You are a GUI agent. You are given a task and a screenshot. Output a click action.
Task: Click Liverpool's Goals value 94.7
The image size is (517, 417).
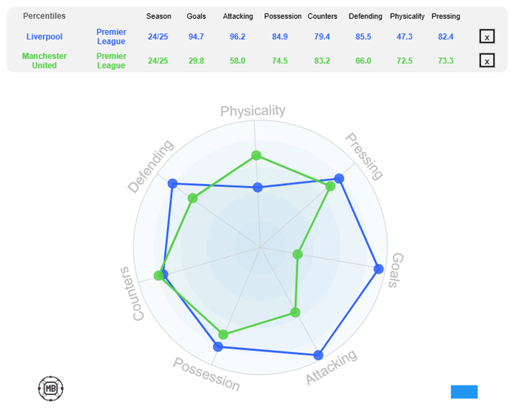click(196, 37)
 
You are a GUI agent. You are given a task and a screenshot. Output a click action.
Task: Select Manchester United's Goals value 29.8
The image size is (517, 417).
click(196, 61)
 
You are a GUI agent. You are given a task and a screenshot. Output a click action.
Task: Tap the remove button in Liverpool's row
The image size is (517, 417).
click(487, 37)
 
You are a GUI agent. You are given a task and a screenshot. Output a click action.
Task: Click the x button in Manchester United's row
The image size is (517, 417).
click(487, 61)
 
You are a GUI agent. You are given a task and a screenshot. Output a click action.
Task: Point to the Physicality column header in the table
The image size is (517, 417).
click(407, 16)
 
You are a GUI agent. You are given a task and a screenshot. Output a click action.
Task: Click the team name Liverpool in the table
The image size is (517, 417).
click(45, 37)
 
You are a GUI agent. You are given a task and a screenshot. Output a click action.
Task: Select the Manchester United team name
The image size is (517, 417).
click(45, 61)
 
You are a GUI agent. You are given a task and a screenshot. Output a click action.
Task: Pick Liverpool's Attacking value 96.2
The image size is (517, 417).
click(237, 37)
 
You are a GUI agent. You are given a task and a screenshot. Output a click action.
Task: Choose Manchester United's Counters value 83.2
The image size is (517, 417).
click(322, 61)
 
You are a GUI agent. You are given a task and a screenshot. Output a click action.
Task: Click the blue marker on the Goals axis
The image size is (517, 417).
click(378, 269)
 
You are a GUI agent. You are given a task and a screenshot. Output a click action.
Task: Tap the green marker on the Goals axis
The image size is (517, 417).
click(297, 254)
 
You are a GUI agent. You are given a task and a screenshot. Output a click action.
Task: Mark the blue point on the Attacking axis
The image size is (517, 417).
click(319, 355)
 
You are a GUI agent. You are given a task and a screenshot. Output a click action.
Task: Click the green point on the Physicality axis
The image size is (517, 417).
click(256, 155)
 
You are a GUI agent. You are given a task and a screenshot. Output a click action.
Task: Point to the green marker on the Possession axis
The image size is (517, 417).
click(224, 335)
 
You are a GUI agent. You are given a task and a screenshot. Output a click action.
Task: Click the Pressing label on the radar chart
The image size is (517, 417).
click(364, 156)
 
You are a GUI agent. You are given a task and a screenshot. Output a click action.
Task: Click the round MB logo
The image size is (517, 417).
click(50, 388)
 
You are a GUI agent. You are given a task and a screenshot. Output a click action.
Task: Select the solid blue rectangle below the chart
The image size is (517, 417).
click(464, 392)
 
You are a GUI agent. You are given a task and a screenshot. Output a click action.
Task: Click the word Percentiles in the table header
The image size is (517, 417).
click(44, 16)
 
